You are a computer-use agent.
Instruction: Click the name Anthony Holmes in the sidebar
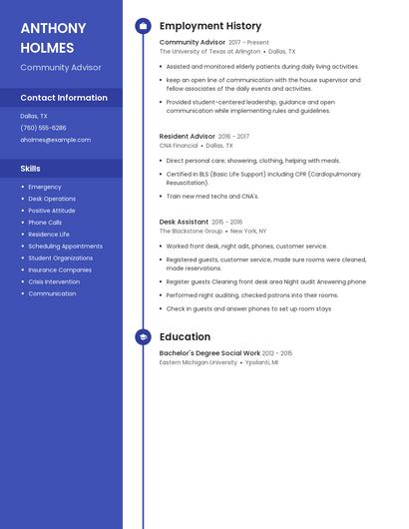tap(47, 37)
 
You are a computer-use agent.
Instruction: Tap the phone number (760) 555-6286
tap(43, 128)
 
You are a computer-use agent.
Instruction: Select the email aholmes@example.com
tap(55, 140)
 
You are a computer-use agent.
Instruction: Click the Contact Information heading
tap(64, 98)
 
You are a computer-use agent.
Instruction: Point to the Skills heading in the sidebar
tap(31, 169)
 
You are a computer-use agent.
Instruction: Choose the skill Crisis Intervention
tap(54, 281)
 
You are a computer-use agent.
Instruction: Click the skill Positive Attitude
tap(51, 211)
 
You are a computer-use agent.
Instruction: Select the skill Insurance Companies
tap(60, 269)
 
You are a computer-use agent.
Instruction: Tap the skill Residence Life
tap(49, 235)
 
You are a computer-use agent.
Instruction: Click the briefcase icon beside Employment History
tap(143, 26)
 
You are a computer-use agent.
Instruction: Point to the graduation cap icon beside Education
tap(143, 337)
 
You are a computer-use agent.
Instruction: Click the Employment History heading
tap(210, 26)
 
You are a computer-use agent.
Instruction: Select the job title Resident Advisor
tap(188, 136)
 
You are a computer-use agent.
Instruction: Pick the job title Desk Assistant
tap(184, 222)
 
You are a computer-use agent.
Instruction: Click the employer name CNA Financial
tap(179, 145)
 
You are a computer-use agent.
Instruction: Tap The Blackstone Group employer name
tap(191, 231)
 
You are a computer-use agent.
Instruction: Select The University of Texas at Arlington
tap(209, 51)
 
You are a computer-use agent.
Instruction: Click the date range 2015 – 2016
tap(227, 222)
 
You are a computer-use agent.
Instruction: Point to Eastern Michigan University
tap(199, 362)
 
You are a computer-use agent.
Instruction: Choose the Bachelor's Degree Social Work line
tap(209, 353)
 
